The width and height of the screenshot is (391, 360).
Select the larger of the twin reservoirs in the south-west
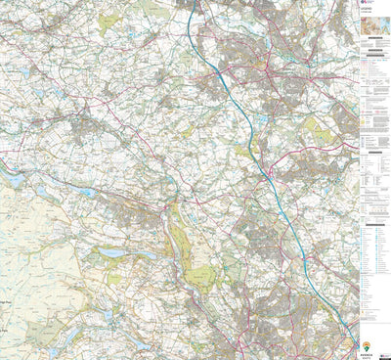pyautogui.click(x=111, y=252)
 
